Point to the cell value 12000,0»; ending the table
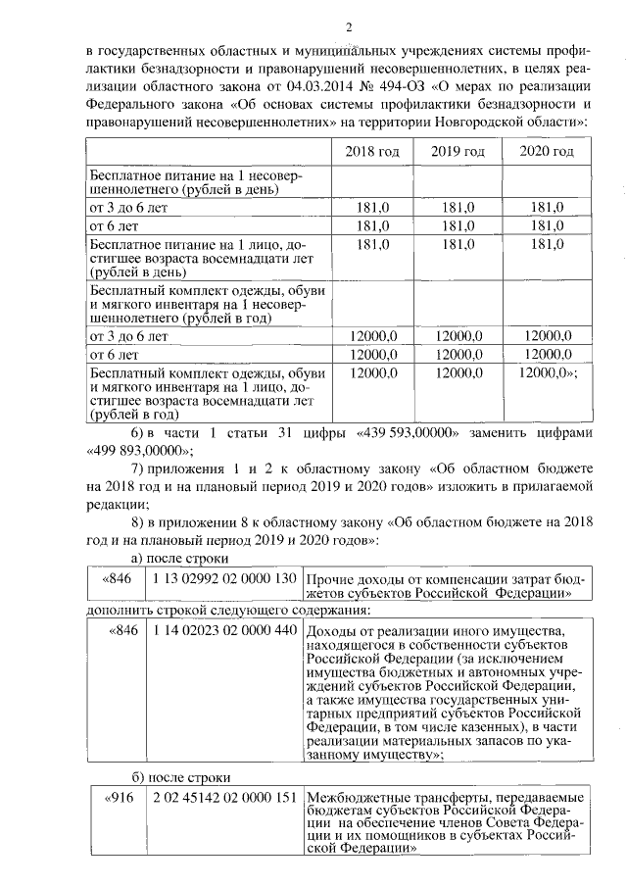(x=549, y=373)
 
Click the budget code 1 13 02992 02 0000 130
(x=224, y=578)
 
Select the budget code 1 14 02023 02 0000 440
(x=224, y=628)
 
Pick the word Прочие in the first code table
(x=330, y=578)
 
